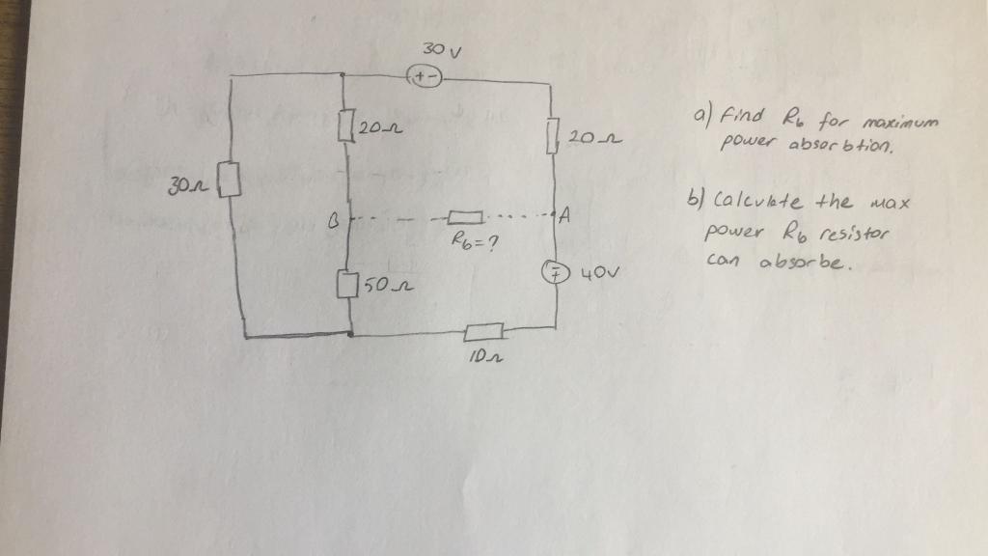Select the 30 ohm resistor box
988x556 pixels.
(x=232, y=181)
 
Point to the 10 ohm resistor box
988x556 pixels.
(x=482, y=332)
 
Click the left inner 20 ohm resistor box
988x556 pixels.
(x=346, y=125)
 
